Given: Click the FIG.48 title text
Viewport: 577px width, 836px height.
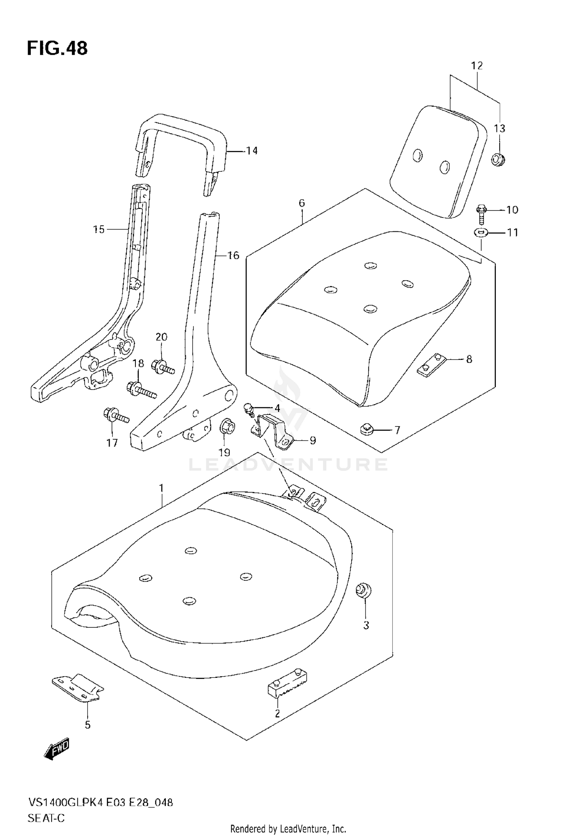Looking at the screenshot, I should point(57,48).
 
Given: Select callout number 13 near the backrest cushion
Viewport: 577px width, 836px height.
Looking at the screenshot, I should point(499,128).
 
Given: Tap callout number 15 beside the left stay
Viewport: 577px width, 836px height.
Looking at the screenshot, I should point(99,229).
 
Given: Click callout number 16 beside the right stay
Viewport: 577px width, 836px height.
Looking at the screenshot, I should point(233,255).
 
